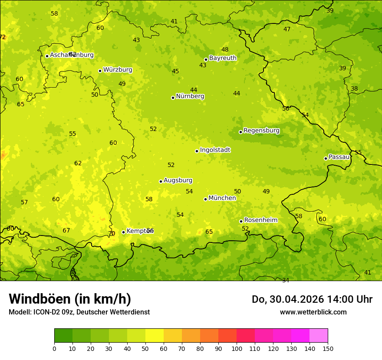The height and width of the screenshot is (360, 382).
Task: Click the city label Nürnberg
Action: (190, 96)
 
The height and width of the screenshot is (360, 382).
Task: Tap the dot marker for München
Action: (205, 199)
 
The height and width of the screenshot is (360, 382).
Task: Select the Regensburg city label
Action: (261, 131)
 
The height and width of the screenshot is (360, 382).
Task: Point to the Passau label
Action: (339, 157)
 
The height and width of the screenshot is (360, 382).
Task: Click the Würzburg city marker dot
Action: (100, 71)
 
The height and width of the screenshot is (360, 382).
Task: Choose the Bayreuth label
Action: (223, 58)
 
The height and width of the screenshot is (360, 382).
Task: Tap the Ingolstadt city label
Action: (215, 150)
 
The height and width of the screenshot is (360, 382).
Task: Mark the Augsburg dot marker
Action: (161, 181)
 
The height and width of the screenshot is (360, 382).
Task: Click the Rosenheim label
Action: (260, 220)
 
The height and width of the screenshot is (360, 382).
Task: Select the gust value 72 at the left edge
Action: (3, 37)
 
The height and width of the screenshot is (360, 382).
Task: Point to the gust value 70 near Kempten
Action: (112, 234)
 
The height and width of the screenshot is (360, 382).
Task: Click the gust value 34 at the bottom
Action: (285, 280)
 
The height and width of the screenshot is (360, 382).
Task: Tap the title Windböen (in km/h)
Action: (70, 299)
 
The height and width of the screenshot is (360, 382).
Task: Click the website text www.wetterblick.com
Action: (313, 312)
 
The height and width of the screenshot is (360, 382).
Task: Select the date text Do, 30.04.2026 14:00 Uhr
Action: (312, 299)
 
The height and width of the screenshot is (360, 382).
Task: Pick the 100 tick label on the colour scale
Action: (237, 348)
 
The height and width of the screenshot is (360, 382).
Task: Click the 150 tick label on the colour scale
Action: (328, 348)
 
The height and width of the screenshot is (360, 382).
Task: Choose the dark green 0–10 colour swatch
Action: (63, 335)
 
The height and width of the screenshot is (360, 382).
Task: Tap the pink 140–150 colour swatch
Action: (319, 335)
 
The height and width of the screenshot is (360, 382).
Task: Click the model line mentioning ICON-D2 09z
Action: (79, 312)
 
